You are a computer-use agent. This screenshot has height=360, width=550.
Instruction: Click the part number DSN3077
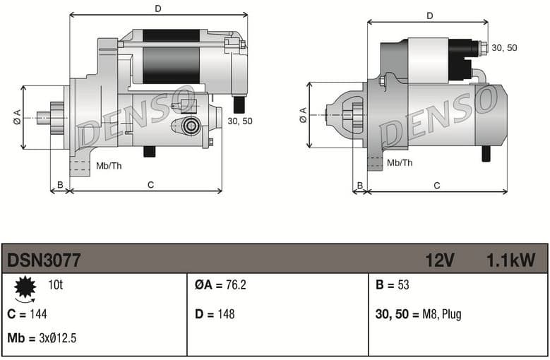pyautogui.click(x=44, y=260)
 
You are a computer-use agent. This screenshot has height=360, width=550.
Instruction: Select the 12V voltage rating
pyautogui.click(x=439, y=260)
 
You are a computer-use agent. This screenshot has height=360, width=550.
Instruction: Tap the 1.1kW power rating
pyautogui.click(x=510, y=260)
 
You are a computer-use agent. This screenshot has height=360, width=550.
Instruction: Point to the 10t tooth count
pyautogui.click(x=55, y=285)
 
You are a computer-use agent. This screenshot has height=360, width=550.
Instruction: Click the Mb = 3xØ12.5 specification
pyautogui.click(x=42, y=338)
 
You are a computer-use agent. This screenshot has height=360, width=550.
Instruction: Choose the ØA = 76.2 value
pyautogui.click(x=220, y=285)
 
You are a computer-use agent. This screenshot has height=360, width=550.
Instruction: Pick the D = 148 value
pyautogui.click(x=215, y=314)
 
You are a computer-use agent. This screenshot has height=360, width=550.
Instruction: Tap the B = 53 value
pyautogui.click(x=392, y=285)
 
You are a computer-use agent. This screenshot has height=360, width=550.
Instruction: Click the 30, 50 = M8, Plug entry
pyautogui.click(x=418, y=314)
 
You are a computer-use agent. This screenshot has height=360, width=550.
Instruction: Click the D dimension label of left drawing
pyautogui.click(x=158, y=8)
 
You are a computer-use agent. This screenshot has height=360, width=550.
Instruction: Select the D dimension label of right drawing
pyautogui.click(x=429, y=16)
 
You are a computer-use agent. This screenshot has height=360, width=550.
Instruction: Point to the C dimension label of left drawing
pyautogui.click(x=150, y=185)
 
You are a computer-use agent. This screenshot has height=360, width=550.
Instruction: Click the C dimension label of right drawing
pyautogui.click(x=436, y=186)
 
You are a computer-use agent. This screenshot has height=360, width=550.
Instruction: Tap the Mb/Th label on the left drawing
pyautogui.click(x=108, y=167)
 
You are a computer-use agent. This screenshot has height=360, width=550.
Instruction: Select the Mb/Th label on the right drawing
pyautogui.click(x=400, y=162)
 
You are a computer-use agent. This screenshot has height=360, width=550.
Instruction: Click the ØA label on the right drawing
pyautogui.click(x=303, y=115)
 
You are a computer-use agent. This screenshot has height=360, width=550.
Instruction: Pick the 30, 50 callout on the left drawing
pyautogui.click(x=240, y=121)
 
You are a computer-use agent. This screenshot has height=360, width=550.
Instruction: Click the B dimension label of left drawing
pyautogui.click(x=60, y=185)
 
